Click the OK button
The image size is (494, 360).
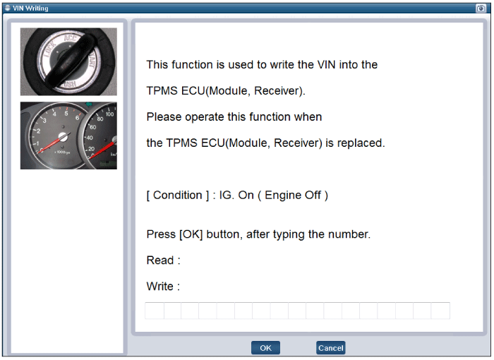[265, 348]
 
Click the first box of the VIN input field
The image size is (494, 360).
[155, 311]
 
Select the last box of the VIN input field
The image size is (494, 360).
[440, 311]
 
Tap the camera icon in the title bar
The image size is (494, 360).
[481, 8]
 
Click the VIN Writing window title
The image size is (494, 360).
[30, 8]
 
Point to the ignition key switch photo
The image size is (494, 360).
[68, 61]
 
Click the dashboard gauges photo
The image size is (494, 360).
[68, 136]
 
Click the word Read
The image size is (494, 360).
[160, 260]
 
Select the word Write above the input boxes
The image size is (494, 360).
[160, 287]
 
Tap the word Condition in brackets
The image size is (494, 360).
[177, 195]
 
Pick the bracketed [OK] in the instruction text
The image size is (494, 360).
[191, 234]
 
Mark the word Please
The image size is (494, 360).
[164, 117]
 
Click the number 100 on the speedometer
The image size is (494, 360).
[109, 114]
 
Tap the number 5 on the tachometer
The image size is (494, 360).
[66, 114]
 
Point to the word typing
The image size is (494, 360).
[289, 234]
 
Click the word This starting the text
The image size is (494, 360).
[158, 65]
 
